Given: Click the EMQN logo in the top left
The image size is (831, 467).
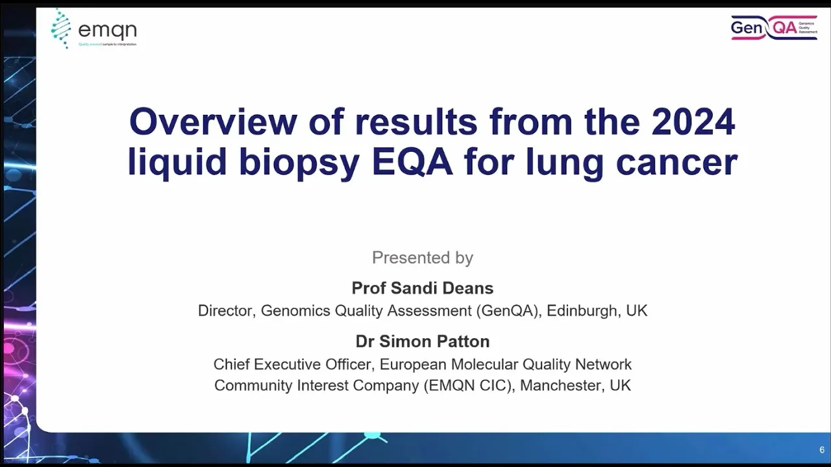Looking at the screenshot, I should point(94,29).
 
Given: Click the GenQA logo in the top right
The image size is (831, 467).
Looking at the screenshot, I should point(773,27).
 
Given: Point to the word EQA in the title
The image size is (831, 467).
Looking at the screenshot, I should point(412,162).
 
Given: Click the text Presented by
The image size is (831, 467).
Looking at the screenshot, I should point(423,258).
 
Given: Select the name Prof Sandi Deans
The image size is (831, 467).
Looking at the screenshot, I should point(423,288).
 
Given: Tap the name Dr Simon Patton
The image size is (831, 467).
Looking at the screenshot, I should point(423,341).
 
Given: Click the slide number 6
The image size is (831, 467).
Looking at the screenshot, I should point(822,449).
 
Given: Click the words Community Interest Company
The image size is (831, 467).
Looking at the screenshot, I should point(316,385).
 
